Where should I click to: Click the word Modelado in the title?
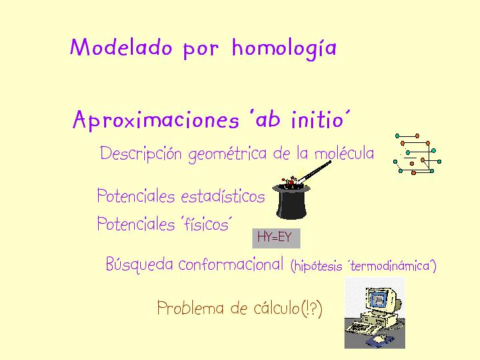121,47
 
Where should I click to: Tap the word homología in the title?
284,49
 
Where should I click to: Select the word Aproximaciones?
156,120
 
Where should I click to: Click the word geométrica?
228,154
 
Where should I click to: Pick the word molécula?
344,152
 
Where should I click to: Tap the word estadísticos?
223,196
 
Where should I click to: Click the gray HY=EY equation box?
276,238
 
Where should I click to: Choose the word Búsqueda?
140,264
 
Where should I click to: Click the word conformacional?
231,264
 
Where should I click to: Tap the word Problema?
190,308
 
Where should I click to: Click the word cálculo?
277,308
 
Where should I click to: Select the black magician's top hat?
291,201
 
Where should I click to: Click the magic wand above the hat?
314,171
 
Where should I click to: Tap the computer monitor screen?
378,299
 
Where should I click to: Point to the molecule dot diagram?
417,154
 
